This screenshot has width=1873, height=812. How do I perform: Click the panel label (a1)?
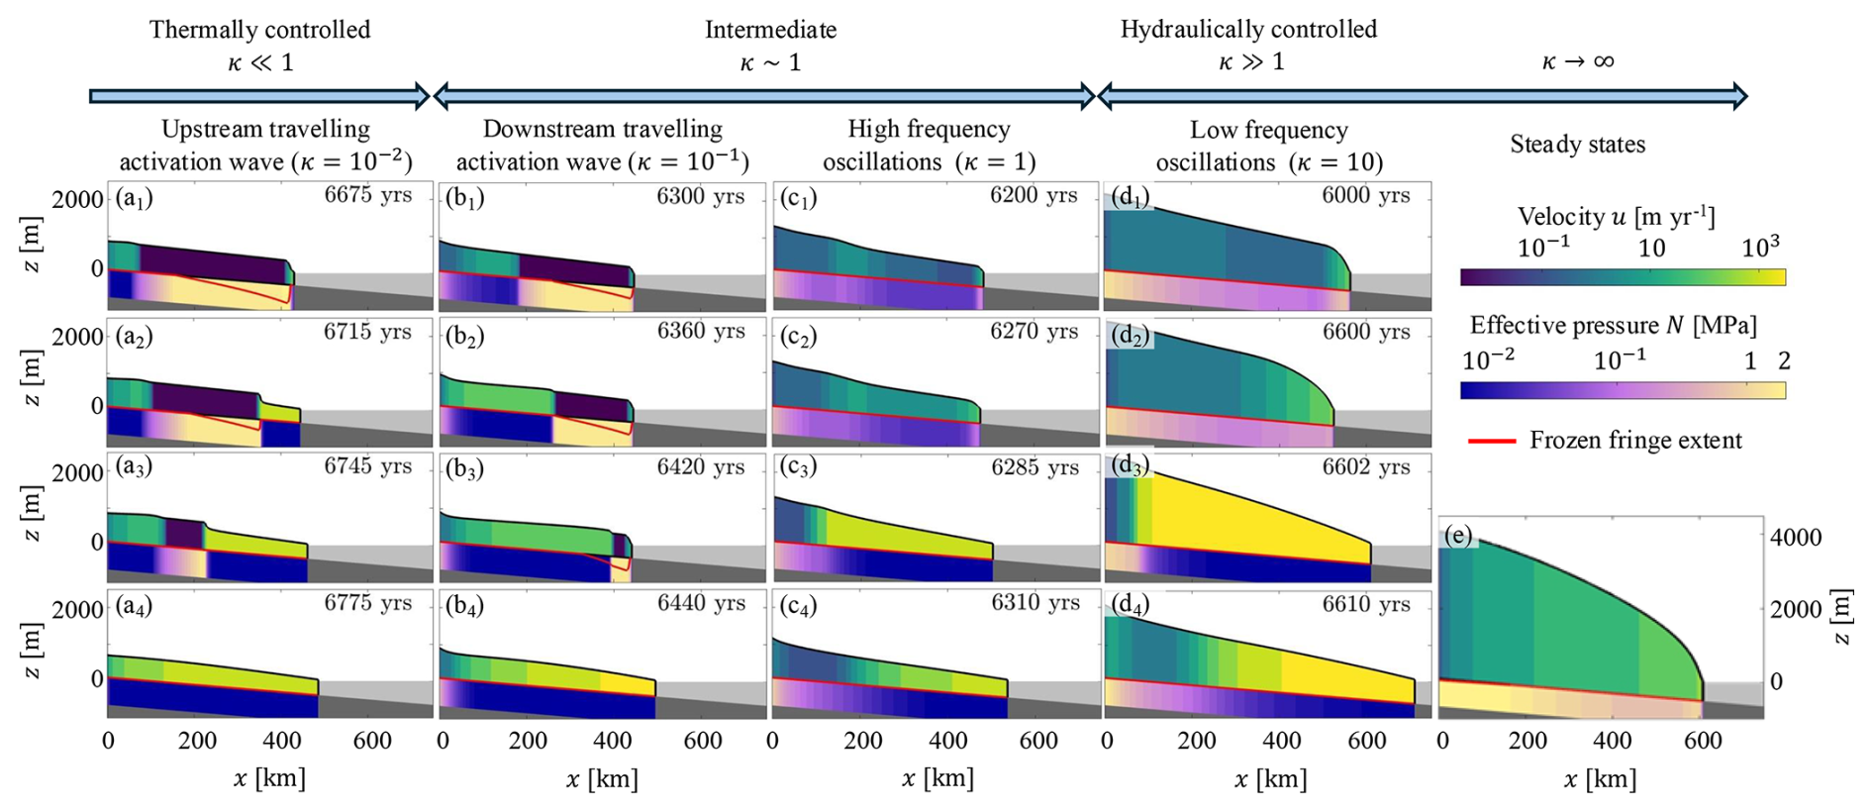click(x=134, y=198)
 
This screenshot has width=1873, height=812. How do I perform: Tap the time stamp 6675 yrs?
click(x=367, y=194)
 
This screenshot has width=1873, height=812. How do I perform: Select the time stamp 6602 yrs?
click(x=1366, y=466)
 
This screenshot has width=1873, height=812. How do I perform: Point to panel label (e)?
click(x=1458, y=536)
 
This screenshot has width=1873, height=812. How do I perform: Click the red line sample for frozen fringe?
click(x=1491, y=441)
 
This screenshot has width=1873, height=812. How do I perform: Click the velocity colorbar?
click(x=1623, y=277)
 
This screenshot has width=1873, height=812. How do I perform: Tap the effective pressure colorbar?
click(x=1623, y=390)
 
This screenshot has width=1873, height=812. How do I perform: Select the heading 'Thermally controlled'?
click(x=259, y=30)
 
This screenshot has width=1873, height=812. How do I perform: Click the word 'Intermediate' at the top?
click(x=770, y=30)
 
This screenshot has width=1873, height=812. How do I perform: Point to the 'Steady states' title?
click(x=1577, y=145)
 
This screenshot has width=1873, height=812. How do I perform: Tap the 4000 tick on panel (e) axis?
click(x=1796, y=538)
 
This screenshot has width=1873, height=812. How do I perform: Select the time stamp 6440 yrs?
click(x=701, y=603)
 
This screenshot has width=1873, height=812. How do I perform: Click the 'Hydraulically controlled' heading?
click(x=1248, y=30)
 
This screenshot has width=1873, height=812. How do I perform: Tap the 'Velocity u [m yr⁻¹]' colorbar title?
click(x=1616, y=217)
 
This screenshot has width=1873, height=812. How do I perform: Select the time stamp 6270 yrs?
click(x=1034, y=332)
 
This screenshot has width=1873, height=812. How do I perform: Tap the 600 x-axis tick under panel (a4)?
click(x=372, y=741)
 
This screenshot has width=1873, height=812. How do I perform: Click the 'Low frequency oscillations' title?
click(x=1268, y=146)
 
